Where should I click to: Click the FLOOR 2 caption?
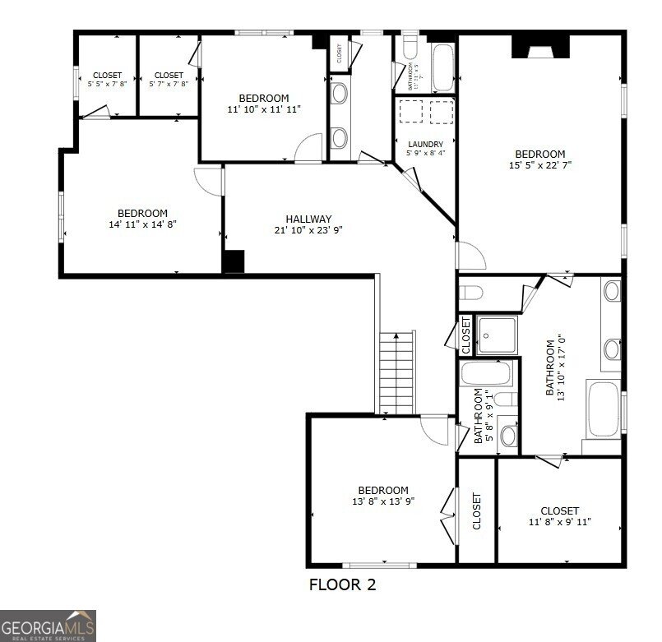(x=343, y=585)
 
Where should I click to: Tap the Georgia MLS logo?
(x=48, y=625)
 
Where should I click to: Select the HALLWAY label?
(x=308, y=219)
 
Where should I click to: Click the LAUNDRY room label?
(x=425, y=145)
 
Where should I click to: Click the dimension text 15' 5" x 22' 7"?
(x=539, y=165)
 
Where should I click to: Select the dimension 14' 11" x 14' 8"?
(x=142, y=224)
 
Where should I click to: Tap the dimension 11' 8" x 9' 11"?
(x=559, y=522)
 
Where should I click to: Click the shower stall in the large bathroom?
(x=498, y=335)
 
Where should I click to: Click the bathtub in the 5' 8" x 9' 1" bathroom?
(x=486, y=375)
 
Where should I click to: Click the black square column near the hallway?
(x=234, y=261)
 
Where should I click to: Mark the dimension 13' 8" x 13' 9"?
(x=382, y=501)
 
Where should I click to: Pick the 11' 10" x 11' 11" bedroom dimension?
(x=264, y=109)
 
